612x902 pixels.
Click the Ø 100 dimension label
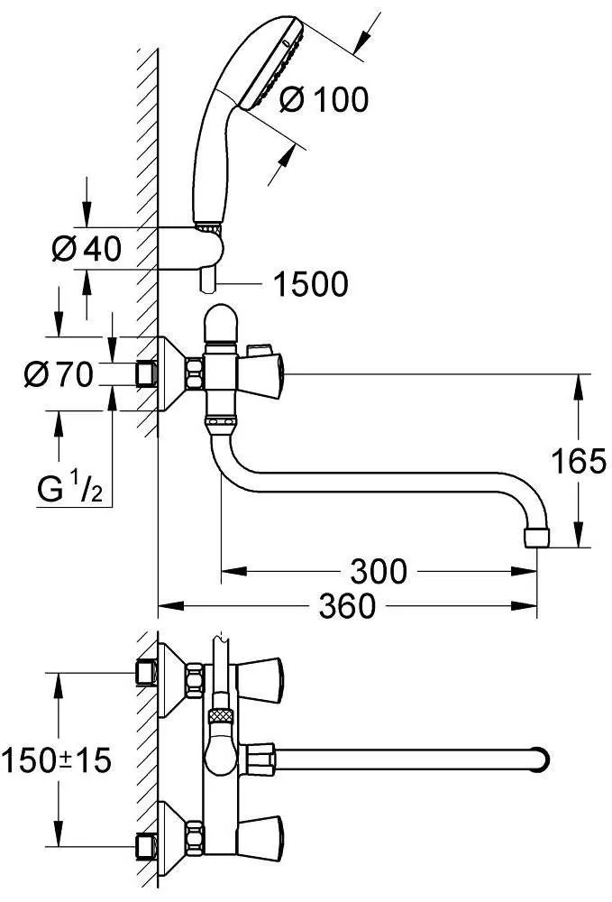pyautogui.click(x=324, y=100)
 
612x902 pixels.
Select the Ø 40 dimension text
pyautogui.click(x=87, y=249)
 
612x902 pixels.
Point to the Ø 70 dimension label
pyautogui.click(x=58, y=374)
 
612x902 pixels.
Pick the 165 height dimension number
pyautogui.click(x=579, y=460)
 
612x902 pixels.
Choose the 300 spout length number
pyautogui.click(x=379, y=571)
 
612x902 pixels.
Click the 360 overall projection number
pyautogui.click(x=348, y=606)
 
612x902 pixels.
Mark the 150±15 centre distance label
pyautogui.click(x=56, y=761)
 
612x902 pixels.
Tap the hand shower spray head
pyautogui.click(x=270, y=63)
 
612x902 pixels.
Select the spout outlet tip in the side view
pyautogui.click(x=536, y=538)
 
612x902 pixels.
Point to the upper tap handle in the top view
pyautogui.click(x=260, y=680)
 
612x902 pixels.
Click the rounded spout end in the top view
pyautogui.click(x=540, y=761)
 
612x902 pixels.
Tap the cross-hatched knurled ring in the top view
pyautogui.click(x=222, y=715)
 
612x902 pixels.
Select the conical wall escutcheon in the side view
pyautogui.click(x=171, y=374)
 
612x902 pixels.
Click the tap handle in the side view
pyautogui.click(x=260, y=374)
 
